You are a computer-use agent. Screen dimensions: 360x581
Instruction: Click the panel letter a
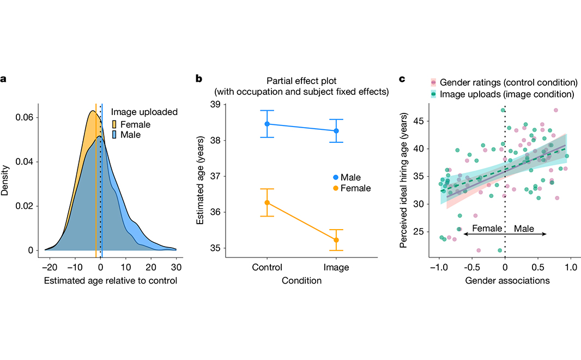coord(3,79)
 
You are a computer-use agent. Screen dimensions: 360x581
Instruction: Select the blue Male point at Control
coord(267,124)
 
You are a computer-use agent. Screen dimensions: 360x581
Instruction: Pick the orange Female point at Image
coord(336,240)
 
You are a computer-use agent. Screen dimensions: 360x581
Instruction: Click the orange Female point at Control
coord(267,202)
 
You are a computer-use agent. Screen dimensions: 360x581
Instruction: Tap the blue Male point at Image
coord(336,131)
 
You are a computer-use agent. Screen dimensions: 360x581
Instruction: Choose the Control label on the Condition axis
coord(267,268)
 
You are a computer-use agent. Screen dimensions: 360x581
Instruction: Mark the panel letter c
coord(402,79)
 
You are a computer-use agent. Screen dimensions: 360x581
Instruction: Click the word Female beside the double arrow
coord(487,229)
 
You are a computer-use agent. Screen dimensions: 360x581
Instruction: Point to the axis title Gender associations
coord(504,281)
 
